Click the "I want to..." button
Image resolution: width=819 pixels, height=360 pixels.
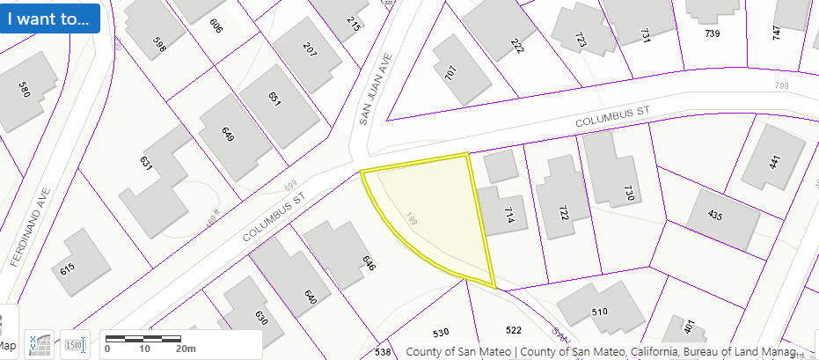(x=50, y=18)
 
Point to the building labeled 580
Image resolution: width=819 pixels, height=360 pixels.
(x=24, y=88)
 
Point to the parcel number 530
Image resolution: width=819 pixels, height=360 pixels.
(x=441, y=332)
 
